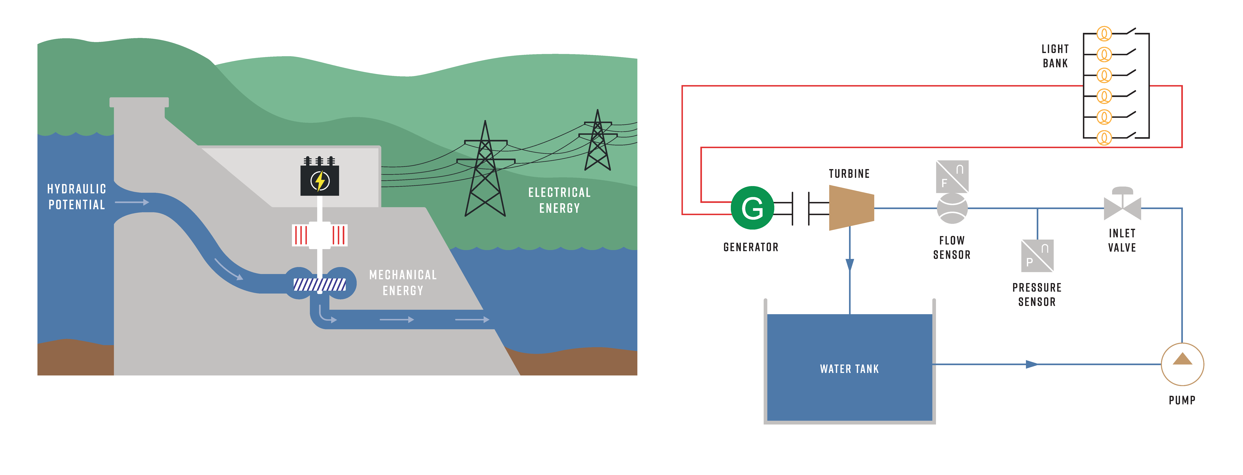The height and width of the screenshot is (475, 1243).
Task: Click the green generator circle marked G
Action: pyautogui.click(x=752, y=208)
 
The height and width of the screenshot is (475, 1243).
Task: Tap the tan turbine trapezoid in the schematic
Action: pyautogui.click(x=851, y=208)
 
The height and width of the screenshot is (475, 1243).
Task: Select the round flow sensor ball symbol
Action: pyautogui.click(x=952, y=209)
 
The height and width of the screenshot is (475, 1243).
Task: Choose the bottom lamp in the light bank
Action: pyautogui.click(x=1104, y=138)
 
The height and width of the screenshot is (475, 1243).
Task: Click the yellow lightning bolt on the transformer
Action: pyautogui.click(x=319, y=181)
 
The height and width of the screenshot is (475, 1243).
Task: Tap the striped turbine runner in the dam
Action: pyautogui.click(x=319, y=285)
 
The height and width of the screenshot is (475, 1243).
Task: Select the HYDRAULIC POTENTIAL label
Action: pyautogui.click(x=77, y=197)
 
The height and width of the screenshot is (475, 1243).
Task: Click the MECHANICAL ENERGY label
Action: pyautogui.click(x=403, y=282)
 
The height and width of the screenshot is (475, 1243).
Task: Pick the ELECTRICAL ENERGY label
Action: pyautogui.click(x=559, y=200)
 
